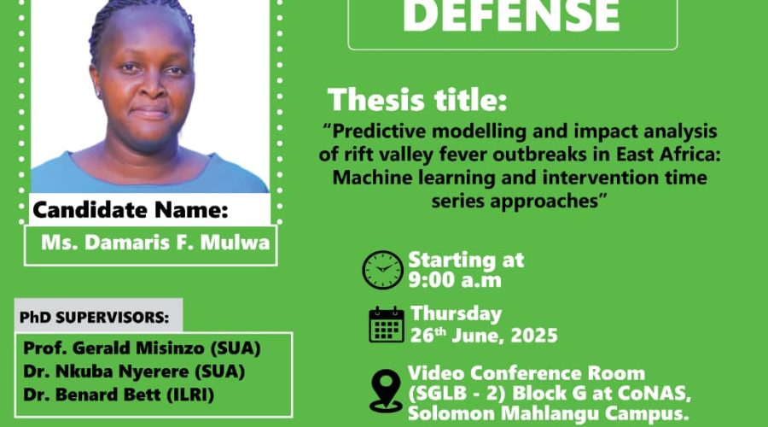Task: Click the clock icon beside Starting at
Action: click(x=382, y=270)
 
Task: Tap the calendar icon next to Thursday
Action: click(x=387, y=325)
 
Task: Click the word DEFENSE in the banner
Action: click(x=511, y=16)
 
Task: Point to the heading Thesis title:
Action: click(x=416, y=100)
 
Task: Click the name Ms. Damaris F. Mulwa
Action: click(x=155, y=243)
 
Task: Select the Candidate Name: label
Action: click(x=131, y=210)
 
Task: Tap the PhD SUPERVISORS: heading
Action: click(x=94, y=317)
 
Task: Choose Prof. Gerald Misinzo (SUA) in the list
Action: click(x=142, y=348)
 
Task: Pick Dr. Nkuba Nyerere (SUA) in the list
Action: click(x=134, y=371)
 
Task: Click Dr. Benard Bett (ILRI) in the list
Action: click(x=119, y=395)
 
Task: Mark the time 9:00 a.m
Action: click(x=455, y=280)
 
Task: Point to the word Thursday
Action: click(x=456, y=313)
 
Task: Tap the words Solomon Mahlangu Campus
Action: click(x=548, y=413)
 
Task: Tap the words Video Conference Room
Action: click(x=527, y=373)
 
